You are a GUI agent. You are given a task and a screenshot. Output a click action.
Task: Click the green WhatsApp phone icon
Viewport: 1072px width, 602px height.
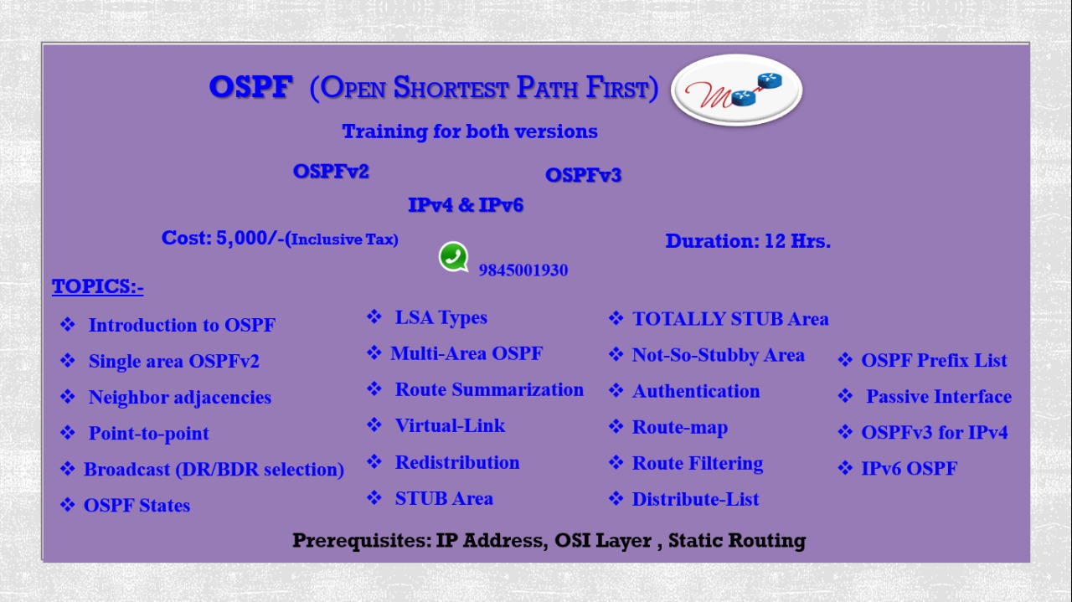pos(453,257)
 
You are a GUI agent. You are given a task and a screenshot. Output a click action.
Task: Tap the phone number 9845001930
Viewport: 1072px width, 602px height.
pos(523,270)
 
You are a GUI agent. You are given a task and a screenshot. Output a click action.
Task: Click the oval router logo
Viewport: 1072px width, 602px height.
pos(736,90)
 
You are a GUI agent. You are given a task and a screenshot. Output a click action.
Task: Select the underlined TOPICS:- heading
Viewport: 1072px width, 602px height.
pos(98,286)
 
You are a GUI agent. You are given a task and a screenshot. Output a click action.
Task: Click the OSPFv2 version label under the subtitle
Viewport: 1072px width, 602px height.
pos(331,172)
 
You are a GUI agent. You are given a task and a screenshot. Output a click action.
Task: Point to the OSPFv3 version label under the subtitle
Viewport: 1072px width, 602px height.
pos(583,175)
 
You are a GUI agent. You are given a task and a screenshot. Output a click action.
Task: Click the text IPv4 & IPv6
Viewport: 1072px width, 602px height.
pos(465,205)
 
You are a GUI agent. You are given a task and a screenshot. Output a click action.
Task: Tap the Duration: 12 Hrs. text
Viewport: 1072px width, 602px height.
pos(748,240)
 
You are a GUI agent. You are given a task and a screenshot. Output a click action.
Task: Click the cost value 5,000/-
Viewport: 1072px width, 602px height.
pos(250,238)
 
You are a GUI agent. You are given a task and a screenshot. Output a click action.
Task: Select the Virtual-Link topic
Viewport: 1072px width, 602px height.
pos(450,425)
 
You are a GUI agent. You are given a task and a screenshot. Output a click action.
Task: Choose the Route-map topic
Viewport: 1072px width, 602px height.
pos(679,427)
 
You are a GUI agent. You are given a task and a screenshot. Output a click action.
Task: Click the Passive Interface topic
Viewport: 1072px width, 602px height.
pos(939,396)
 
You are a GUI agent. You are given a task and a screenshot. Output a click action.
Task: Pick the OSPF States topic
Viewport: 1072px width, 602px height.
pos(137,506)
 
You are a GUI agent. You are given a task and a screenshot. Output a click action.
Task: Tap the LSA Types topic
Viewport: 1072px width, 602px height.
pos(441,318)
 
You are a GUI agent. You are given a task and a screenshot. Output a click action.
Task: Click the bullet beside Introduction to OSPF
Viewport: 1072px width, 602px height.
pos(68,325)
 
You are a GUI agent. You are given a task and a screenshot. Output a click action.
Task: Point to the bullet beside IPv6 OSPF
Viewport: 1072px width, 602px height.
pos(845,468)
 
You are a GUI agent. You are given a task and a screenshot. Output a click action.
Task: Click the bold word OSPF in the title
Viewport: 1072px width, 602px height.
pos(250,87)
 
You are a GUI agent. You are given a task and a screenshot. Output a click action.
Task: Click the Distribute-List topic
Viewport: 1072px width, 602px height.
pos(695,499)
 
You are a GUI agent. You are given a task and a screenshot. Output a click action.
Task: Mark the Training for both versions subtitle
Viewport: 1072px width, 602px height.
pos(470,131)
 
